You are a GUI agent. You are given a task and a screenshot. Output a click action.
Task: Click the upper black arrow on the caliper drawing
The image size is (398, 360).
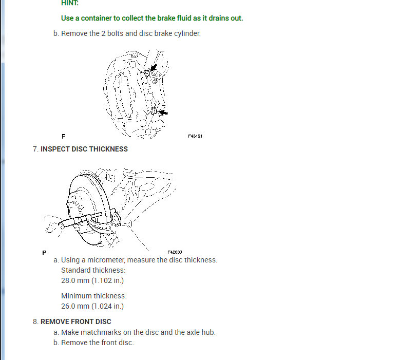click(x=153, y=69)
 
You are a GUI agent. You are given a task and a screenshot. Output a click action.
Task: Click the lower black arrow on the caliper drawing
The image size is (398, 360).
click(x=163, y=112)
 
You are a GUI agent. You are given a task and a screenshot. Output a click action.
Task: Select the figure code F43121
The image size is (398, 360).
click(x=195, y=137)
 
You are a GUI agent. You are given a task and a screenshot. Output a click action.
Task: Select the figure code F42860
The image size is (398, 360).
click(x=175, y=252)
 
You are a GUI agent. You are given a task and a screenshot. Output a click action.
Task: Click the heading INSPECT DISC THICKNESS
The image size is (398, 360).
click(x=84, y=149)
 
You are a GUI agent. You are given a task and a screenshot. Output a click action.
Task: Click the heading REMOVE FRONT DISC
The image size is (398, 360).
click(x=76, y=321)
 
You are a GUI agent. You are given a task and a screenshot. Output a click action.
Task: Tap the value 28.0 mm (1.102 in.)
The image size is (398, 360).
click(x=92, y=280)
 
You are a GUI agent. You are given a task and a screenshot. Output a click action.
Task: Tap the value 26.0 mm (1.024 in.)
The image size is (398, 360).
click(x=92, y=306)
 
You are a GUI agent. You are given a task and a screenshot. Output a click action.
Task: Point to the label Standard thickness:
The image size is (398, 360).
click(x=93, y=270)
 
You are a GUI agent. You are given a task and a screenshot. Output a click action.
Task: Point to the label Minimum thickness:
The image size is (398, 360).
click(x=93, y=296)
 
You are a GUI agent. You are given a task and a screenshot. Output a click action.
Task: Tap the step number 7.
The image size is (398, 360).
click(x=34, y=149)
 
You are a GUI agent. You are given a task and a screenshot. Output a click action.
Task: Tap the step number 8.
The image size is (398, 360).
click(x=34, y=321)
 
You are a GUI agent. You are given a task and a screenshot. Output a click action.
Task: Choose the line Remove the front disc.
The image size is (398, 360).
click(x=97, y=343)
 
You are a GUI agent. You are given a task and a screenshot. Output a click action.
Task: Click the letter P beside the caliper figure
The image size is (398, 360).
click(x=63, y=137)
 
